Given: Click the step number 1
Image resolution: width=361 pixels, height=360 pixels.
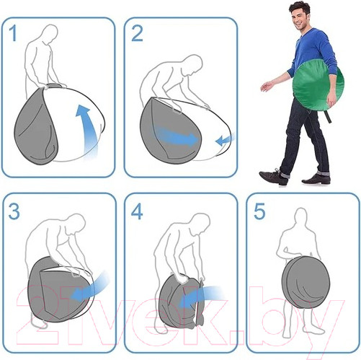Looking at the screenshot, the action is (x=13, y=34).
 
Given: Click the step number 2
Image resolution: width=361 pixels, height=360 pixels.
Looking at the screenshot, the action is (x=137, y=34).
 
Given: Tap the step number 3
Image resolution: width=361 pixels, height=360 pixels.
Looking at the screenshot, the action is (x=14, y=211).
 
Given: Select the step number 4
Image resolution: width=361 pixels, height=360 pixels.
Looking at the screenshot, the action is (x=137, y=211).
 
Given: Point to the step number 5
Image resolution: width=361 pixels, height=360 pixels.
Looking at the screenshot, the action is (x=259, y=211).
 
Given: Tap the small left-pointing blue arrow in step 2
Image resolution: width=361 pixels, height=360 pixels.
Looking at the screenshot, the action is (x=225, y=140).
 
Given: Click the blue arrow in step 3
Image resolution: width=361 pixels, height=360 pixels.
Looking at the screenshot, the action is (x=89, y=287).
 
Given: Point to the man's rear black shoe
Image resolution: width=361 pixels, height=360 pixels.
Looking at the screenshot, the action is (x=316, y=179).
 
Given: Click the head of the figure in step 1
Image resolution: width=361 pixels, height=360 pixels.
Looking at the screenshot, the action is (x=50, y=34).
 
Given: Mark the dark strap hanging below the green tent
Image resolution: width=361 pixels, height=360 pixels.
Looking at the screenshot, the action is (x=328, y=116).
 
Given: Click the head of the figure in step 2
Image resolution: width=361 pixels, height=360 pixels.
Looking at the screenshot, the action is (x=193, y=64).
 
